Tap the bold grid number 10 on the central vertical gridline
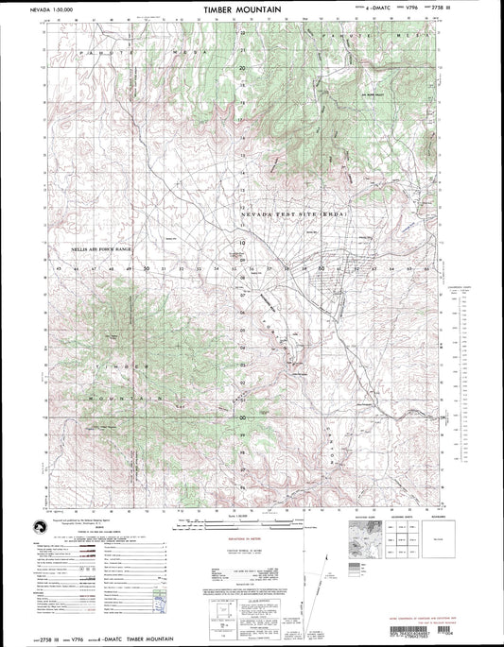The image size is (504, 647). pyautogui.click(x=242, y=243)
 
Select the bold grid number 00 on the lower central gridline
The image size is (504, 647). pyautogui.click(x=242, y=416)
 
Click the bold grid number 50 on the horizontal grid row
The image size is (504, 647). pyautogui.click(x=147, y=268)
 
